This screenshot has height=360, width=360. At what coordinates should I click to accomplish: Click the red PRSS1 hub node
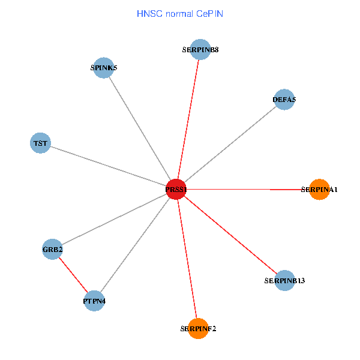click(176, 189)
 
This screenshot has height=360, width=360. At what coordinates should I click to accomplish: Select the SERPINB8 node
click(200, 50)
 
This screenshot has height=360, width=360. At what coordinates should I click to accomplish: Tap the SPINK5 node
click(104, 68)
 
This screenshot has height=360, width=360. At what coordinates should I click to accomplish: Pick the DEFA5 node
click(284, 100)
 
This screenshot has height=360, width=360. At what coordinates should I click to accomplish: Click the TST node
click(40, 143)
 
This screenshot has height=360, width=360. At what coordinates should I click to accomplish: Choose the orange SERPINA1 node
click(319, 189)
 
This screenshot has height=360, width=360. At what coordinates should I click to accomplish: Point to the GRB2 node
click(53, 249)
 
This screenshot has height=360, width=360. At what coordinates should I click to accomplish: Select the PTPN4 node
click(94, 301)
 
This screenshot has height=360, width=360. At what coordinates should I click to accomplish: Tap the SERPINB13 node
click(284, 280)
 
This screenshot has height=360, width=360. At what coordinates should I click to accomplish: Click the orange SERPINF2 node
click(198, 328)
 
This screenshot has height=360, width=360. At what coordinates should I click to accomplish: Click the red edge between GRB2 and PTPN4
click(73, 275)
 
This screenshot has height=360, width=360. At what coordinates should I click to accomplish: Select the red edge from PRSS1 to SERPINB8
click(188, 119)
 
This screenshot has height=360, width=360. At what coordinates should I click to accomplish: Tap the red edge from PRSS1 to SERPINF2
click(187, 259)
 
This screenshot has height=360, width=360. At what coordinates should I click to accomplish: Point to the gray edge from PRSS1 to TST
click(108, 166)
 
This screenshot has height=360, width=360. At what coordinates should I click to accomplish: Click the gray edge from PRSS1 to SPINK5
click(140, 128)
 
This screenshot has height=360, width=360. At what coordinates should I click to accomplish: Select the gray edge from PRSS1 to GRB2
click(114, 219)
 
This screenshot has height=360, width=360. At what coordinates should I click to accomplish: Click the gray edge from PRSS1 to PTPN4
click(135, 245)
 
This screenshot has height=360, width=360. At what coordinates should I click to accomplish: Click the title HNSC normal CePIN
click(180, 13)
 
